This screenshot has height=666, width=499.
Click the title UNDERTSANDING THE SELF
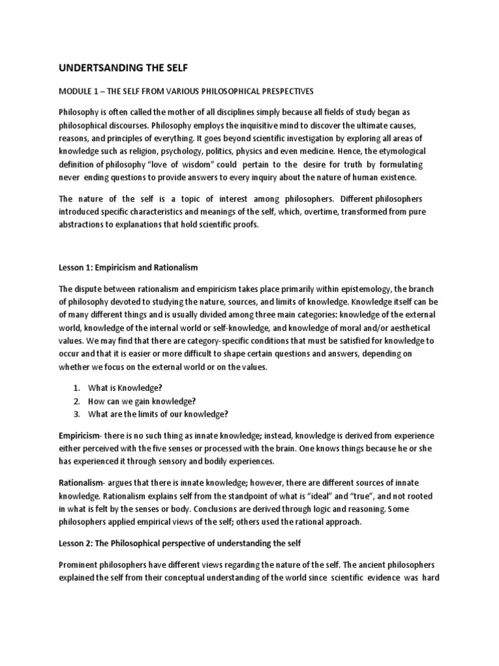[x=126, y=67]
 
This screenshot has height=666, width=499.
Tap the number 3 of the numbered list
[x=76, y=414]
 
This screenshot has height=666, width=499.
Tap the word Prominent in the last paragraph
[x=81, y=566]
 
